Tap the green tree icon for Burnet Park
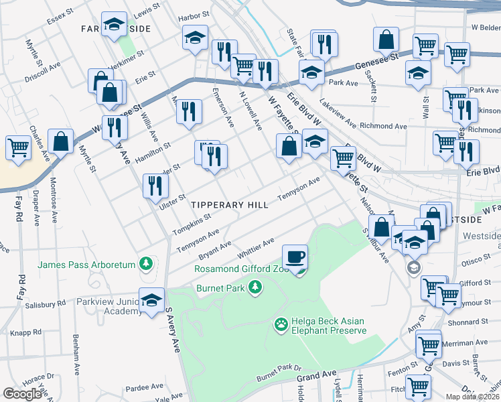pyautogui.click(x=255, y=288)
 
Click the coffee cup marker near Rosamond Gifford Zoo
pyautogui.click(x=295, y=257)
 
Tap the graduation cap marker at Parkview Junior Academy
pyautogui.click(x=152, y=299)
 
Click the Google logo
pyautogui.click(x=22, y=394)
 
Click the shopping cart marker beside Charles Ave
pyautogui.click(x=17, y=148)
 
